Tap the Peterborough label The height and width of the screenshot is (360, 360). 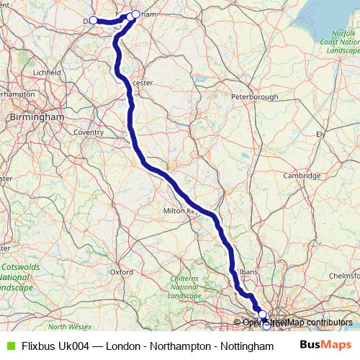coord(254,96)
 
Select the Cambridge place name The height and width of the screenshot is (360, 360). coord(302,176)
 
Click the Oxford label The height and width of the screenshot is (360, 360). coord(122,272)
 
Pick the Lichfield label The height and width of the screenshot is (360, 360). coord(48,73)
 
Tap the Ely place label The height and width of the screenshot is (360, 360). coord(321,135)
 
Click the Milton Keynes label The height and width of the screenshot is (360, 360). coord(181,212)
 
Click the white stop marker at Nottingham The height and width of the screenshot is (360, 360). coord(135,14)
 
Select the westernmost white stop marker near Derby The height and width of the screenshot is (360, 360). coord(93,20)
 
